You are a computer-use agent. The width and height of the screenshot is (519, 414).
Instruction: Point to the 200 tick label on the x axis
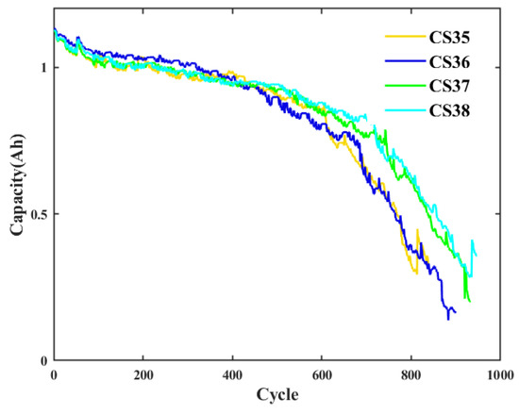[143, 374]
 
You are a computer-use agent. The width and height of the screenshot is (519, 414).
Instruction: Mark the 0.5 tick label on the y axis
[39, 214]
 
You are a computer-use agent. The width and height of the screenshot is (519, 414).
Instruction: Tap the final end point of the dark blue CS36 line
[455, 311]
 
